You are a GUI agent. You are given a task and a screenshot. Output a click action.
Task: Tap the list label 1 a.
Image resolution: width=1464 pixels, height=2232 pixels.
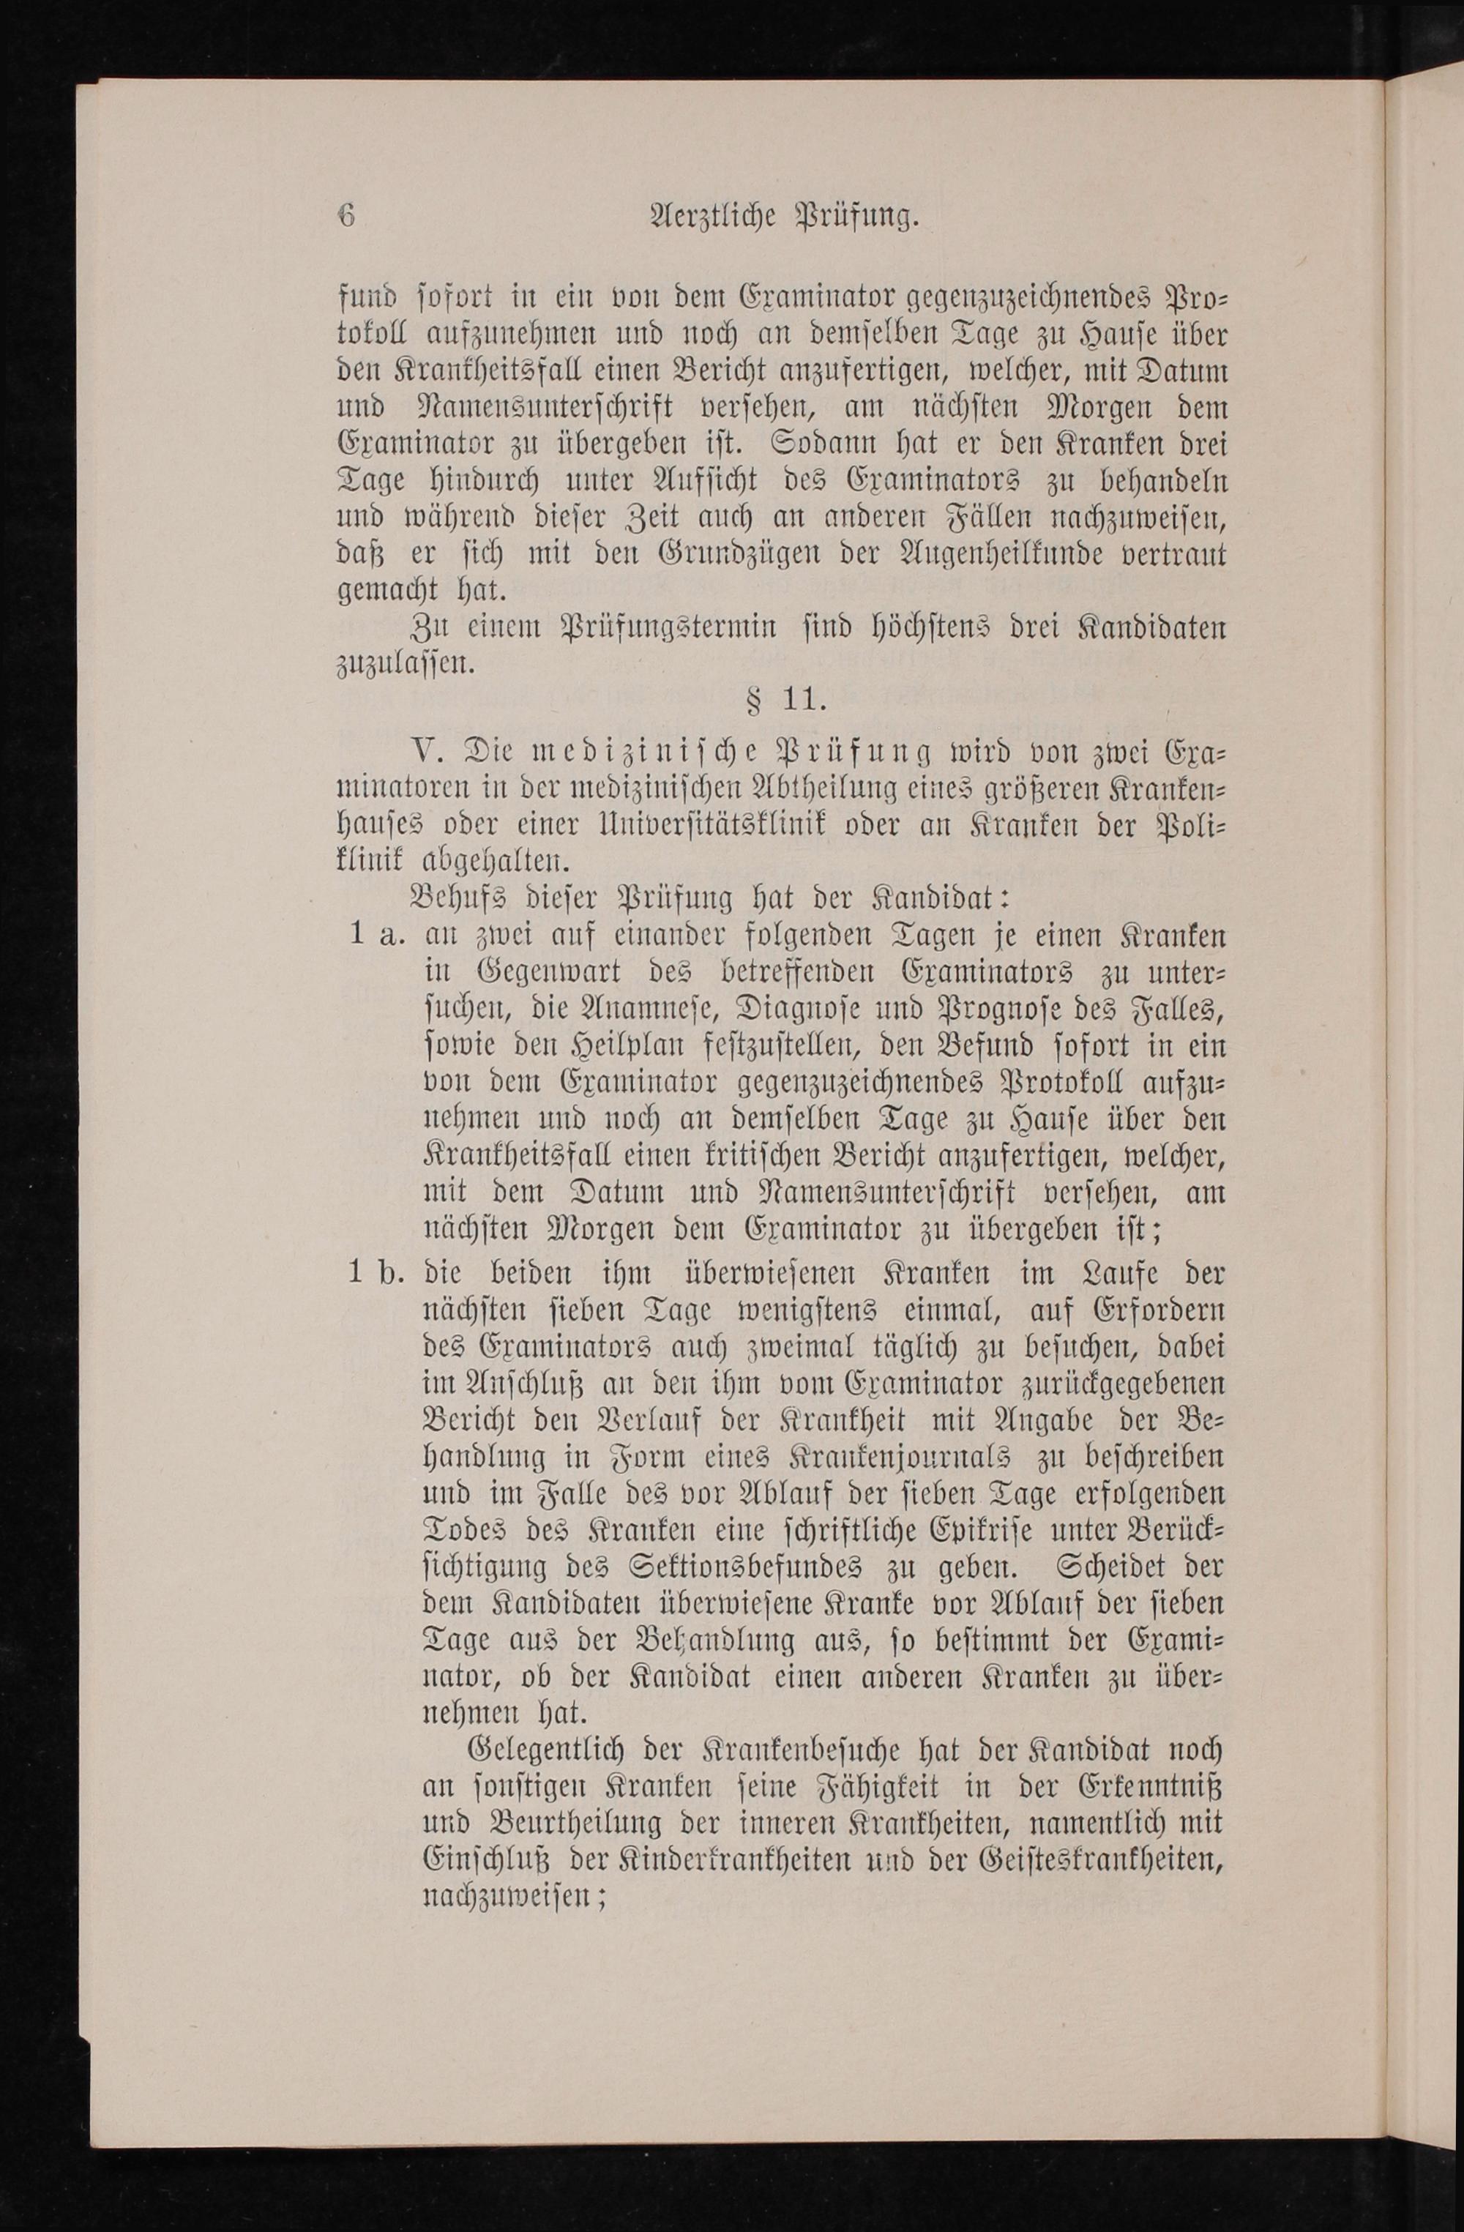tap(374, 937)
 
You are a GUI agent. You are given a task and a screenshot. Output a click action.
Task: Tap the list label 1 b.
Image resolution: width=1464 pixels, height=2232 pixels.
tap(374, 1274)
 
